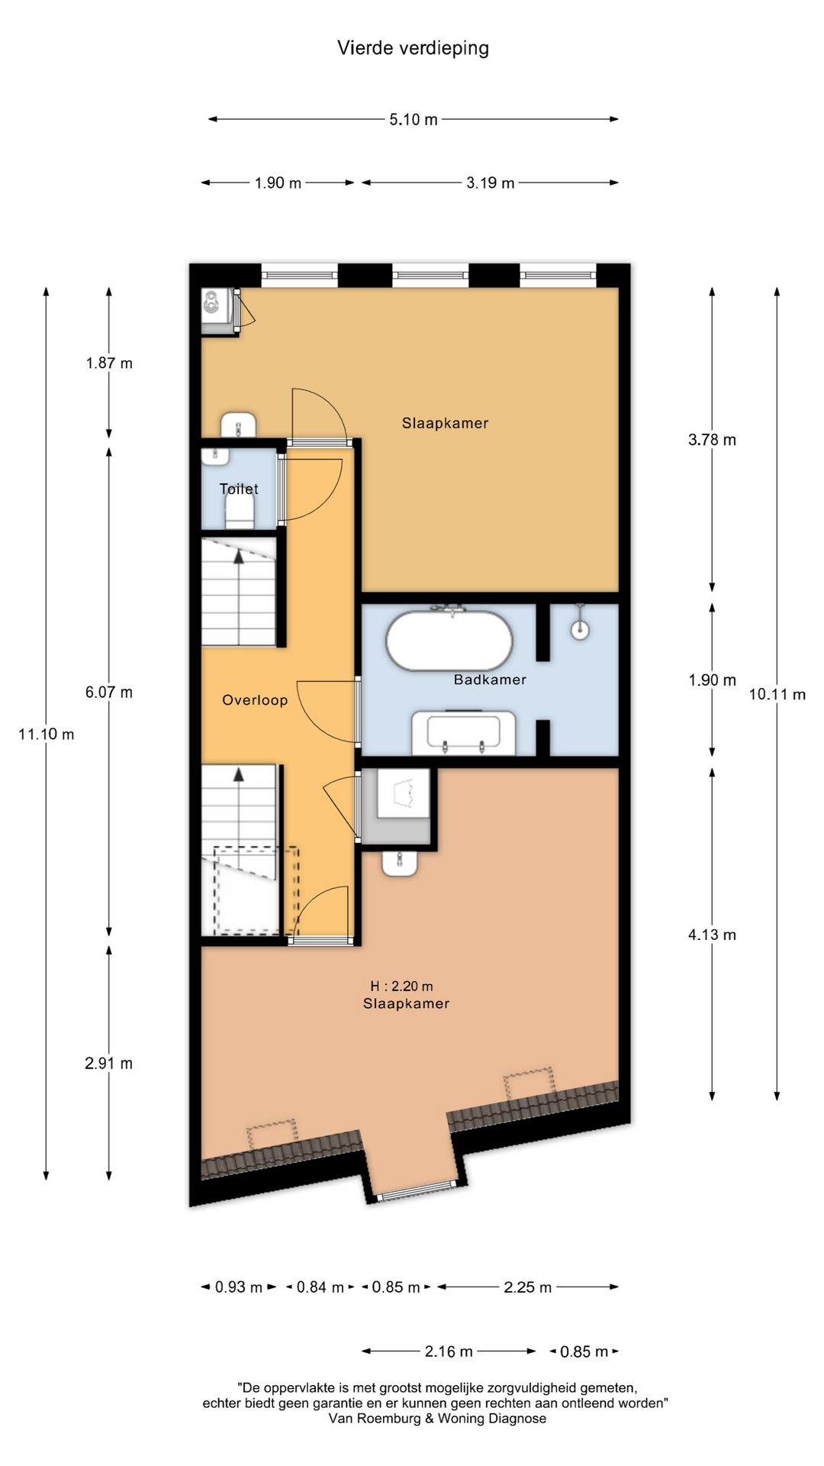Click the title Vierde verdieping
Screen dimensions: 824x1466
[x=413, y=48]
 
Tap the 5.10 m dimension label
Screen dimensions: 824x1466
[x=414, y=119]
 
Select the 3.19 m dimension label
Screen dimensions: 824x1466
[x=491, y=182]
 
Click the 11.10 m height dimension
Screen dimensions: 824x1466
[x=47, y=734]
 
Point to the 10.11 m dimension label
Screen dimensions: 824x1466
[x=777, y=694]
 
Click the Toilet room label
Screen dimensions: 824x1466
[x=239, y=489]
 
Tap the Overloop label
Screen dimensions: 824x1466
[x=255, y=700]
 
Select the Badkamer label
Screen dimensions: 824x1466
[x=490, y=680]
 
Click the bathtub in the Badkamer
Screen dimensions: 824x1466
[x=449, y=640]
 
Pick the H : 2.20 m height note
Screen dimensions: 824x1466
[x=401, y=986]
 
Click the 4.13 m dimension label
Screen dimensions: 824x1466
[x=712, y=935]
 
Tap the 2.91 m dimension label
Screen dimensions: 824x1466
[x=109, y=1063]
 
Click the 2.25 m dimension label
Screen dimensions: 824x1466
[x=527, y=1287]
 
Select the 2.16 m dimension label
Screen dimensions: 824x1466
[x=449, y=1351]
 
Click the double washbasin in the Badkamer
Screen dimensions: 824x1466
[x=463, y=733]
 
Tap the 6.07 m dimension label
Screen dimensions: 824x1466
[x=109, y=693]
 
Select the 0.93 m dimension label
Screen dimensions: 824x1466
[x=238, y=1287]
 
